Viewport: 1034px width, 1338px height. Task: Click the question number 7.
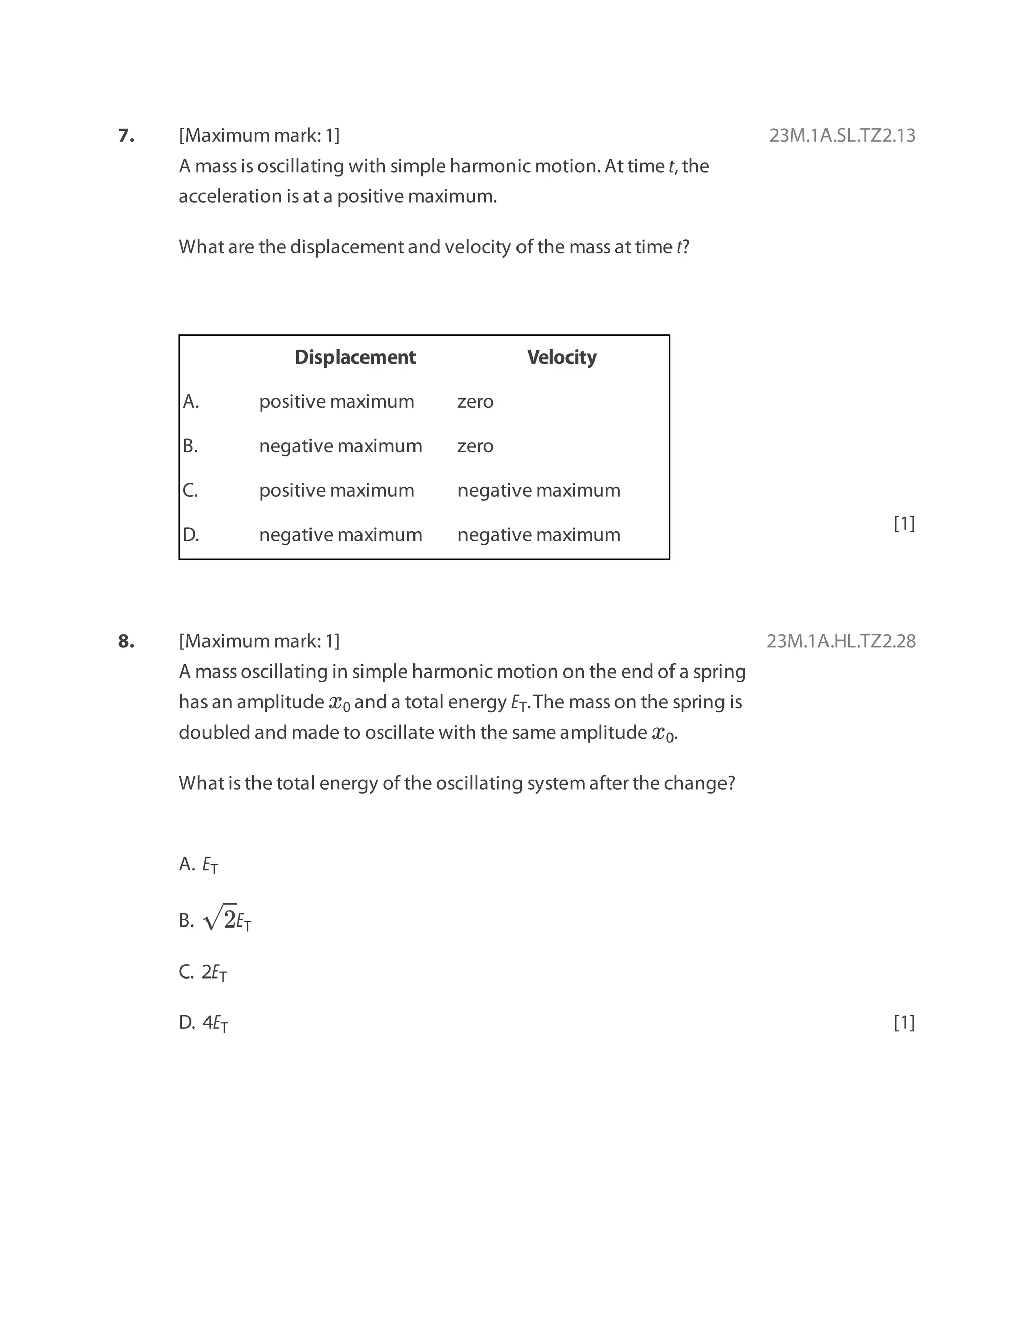coord(126,135)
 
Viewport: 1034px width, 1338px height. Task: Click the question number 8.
coord(126,641)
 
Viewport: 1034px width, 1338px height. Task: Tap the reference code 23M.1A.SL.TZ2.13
coord(842,135)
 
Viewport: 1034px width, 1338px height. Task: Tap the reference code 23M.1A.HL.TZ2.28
coord(841,641)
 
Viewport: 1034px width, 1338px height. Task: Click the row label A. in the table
coord(191,402)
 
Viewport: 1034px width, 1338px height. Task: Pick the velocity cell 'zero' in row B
coord(475,446)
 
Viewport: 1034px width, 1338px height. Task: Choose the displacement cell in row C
coord(336,491)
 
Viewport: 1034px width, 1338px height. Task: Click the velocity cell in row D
coord(538,535)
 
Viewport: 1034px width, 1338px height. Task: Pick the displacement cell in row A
coord(336,402)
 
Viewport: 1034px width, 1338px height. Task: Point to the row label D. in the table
coord(191,535)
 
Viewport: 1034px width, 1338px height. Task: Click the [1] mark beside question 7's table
coord(904,523)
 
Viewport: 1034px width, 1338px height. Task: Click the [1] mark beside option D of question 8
coord(904,1022)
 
